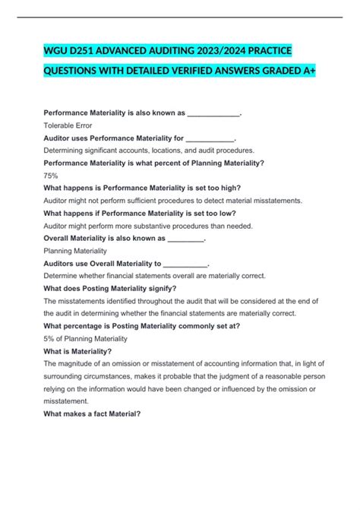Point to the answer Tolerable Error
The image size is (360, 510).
68,126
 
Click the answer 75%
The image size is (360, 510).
52,176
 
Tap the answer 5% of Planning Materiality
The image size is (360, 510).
86,338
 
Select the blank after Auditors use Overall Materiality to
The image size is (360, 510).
185,263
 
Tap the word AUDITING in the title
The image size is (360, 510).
163,51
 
